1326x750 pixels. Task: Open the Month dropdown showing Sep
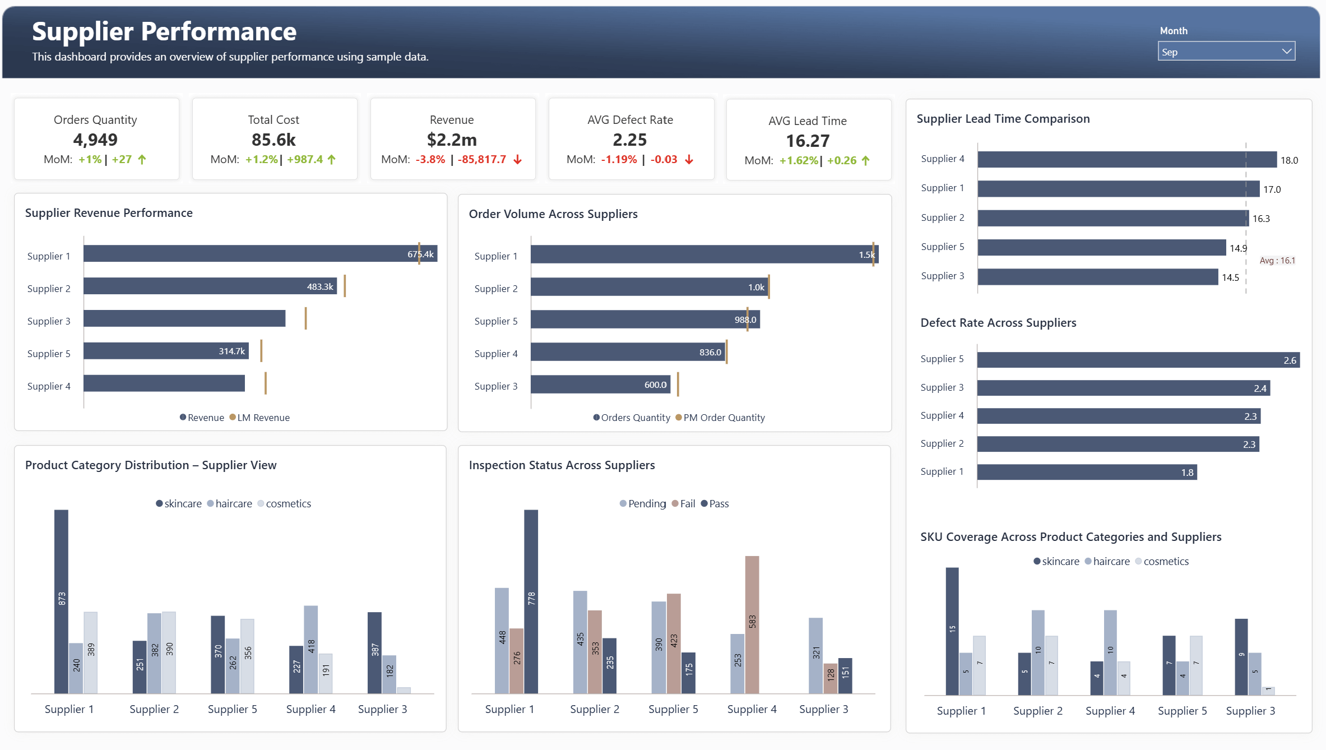pyautogui.click(x=1226, y=52)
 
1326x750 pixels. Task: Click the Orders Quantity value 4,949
pyautogui.click(x=95, y=140)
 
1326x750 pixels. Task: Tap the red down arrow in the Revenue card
pyautogui.click(x=518, y=160)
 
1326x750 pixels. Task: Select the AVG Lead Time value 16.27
pyautogui.click(x=807, y=141)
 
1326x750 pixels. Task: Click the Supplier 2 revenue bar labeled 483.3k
pyautogui.click(x=210, y=286)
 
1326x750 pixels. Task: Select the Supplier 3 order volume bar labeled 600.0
pyautogui.click(x=600, y=385)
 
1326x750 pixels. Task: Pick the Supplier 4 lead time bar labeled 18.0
pyautogui.click(x=1126, y=160)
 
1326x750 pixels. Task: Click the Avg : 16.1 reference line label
pyautogui.click(x=1277, y=261)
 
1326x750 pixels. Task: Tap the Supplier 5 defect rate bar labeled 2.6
pyautogui.click(x=1138, y=360)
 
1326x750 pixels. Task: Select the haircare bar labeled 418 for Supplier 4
pyautogui.click(x=311, y=649)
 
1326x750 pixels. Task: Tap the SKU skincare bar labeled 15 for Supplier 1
pyautogui.click(x=952, y=631)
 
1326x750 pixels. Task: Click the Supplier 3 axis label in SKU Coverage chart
pyautogui.click(x=1250, y=711)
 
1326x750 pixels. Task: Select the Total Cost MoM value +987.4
pyautogui.click(x=305, y=160)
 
